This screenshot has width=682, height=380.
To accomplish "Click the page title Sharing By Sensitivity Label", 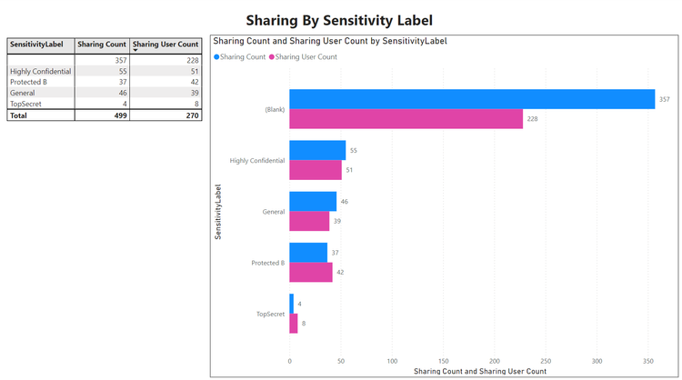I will (x=339, y=19).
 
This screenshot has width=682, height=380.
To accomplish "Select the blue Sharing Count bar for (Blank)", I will (x=471, y=99).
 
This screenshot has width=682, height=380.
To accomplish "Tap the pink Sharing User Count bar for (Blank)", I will (x=406, y=119).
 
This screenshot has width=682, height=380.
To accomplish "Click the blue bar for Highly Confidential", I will (x=317, y=150).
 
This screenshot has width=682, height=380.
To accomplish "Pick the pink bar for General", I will (x=309, y=221).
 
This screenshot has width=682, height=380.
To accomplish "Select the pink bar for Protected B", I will (x=311, y=272).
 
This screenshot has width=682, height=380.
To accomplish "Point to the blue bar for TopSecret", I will (x=292, y=303).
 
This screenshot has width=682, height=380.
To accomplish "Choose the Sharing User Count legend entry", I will (x=306, y=56).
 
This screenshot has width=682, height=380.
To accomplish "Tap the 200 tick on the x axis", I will (x=495, y=360).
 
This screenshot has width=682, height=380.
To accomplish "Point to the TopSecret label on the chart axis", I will (x=270, y=314).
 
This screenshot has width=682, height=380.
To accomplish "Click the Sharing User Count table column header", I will (x=165, y=44).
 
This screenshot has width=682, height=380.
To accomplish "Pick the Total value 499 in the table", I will (x=119, y=115).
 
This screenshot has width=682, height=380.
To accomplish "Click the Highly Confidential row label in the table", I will (x=40, y=71).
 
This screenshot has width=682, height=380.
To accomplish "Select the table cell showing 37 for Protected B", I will (x=121, y=82).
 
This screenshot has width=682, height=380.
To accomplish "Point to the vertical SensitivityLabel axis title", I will (x=218, y=212).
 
